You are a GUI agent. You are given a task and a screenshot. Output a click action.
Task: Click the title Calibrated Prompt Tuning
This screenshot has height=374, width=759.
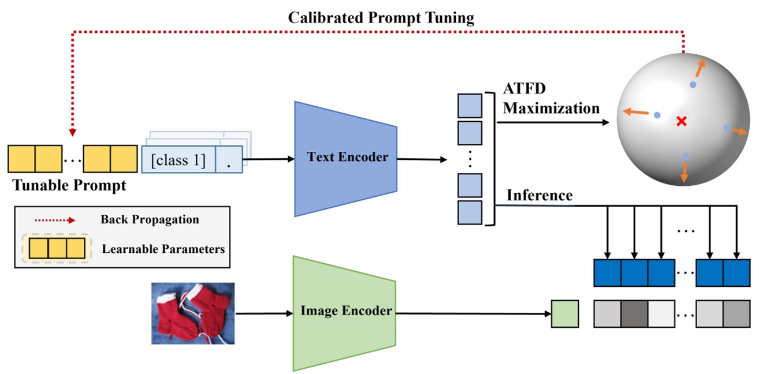381,18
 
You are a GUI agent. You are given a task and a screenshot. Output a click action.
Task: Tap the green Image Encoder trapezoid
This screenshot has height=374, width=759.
345,312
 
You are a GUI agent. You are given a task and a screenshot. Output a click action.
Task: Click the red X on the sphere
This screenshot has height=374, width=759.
682,121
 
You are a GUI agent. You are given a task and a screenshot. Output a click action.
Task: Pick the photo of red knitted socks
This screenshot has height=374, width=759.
193,313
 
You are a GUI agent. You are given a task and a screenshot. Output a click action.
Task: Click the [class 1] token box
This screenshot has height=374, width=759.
178,159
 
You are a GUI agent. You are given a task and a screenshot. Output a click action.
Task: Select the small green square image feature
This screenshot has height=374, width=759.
564,314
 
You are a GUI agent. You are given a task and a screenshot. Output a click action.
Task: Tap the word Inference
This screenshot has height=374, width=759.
540,196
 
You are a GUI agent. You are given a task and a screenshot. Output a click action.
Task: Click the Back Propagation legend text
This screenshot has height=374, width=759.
150,220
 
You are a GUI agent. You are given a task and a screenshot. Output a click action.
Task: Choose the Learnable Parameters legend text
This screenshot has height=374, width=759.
163,249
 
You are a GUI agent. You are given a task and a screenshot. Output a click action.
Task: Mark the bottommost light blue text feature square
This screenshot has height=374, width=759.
470,212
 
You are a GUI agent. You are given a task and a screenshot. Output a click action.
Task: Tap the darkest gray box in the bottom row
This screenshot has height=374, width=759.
634,314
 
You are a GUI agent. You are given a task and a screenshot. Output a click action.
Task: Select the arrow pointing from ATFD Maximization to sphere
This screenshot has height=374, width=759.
555,122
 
